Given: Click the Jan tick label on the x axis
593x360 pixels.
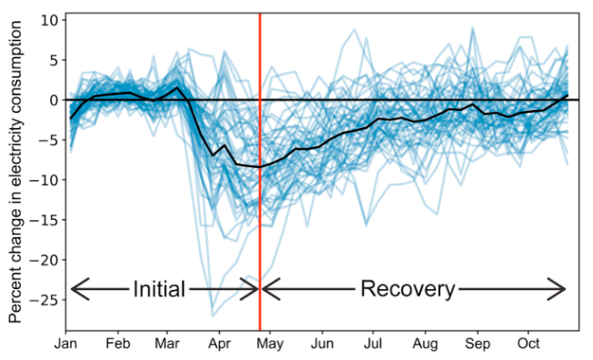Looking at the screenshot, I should click(x=65, y=346).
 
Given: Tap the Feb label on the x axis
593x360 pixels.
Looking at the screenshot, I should click(x=118, y=346).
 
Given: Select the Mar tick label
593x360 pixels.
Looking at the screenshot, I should click(x=167, y=346).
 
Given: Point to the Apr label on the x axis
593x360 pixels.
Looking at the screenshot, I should click(x=220, y=346).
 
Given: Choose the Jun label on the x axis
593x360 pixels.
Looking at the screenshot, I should click(x=323, y=346).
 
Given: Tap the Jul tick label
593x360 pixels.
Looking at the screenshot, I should click(x=374, y=346).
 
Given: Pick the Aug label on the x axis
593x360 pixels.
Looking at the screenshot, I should click(x=426, y=346).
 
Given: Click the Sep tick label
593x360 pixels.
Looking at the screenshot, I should click(x=477, y=346).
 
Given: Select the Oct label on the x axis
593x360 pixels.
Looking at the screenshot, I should click(x=528, y=346).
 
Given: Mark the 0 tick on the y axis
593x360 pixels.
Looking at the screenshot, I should click(x=54, y=100).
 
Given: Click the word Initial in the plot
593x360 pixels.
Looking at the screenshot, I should click(x=159, y=290).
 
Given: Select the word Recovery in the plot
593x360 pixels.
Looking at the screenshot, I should click(x=407, y=290).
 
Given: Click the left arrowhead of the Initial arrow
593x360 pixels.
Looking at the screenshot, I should click(x=74, y=290).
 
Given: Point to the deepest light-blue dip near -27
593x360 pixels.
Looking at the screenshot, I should click(x=213, y=315).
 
